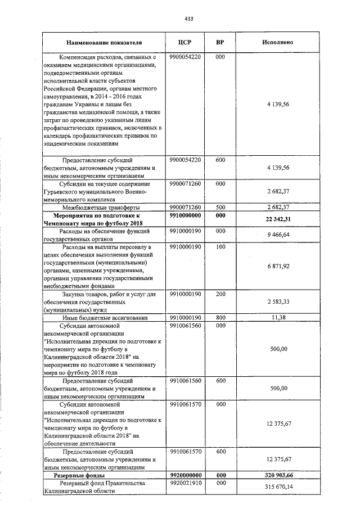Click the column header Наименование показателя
[104, 42]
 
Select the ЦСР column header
[185, 42]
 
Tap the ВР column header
[220, 42]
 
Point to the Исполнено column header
[277, 42]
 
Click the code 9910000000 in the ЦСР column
[185, 215]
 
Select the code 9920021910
[185, 483]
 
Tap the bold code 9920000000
[185, 475]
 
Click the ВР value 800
[220, 318]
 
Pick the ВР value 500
[220, 207]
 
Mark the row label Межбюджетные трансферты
[105, 207]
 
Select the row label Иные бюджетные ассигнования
[105, 318]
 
